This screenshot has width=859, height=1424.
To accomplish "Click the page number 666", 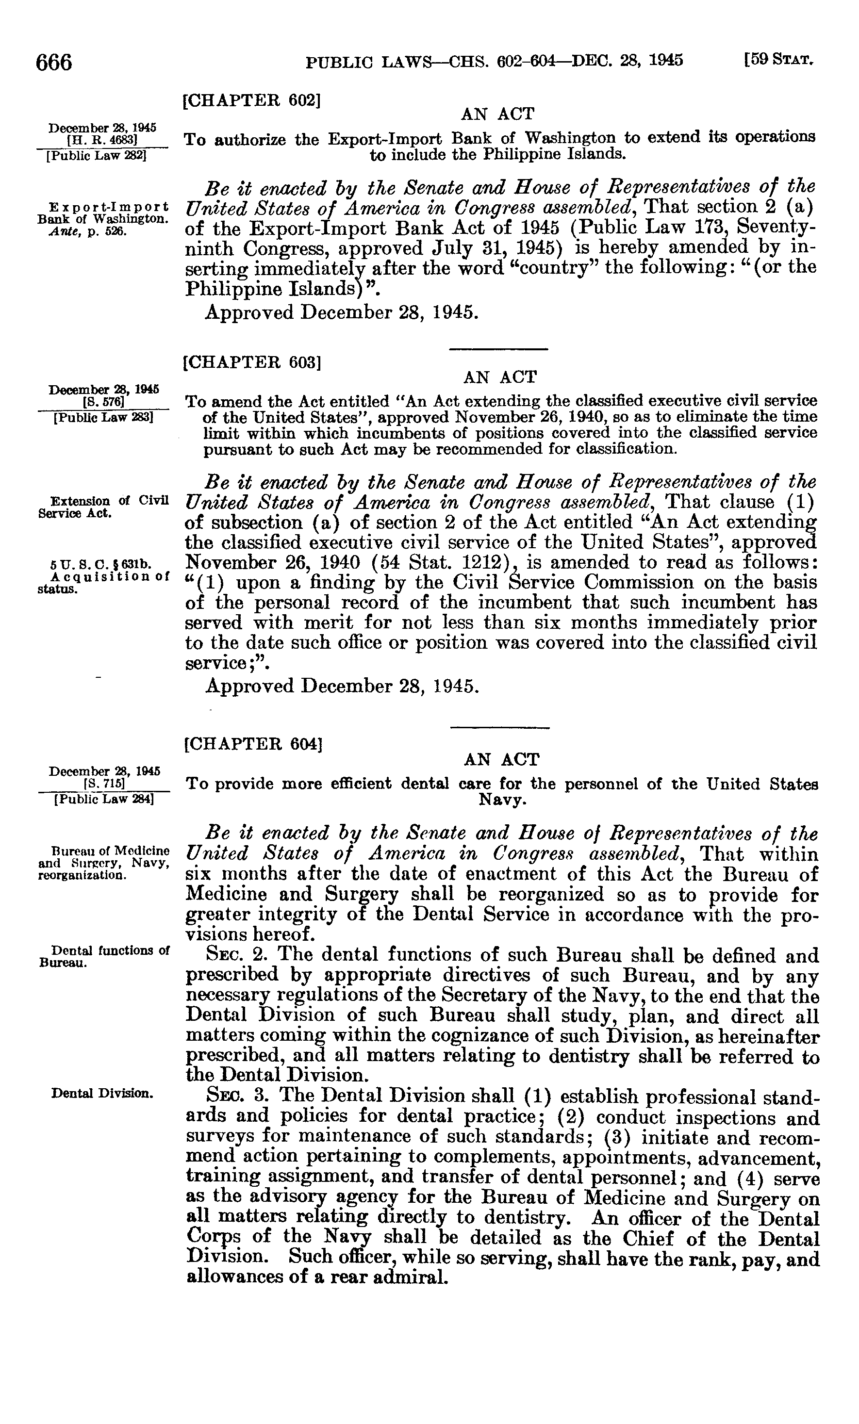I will [54, 62].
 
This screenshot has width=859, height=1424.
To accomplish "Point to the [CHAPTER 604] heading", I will [252, 743].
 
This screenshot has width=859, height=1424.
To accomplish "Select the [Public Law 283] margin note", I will [103, 417].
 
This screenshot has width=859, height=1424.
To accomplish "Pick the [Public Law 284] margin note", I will [103, 799].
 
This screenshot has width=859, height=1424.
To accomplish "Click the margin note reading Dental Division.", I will [102, 1092].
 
